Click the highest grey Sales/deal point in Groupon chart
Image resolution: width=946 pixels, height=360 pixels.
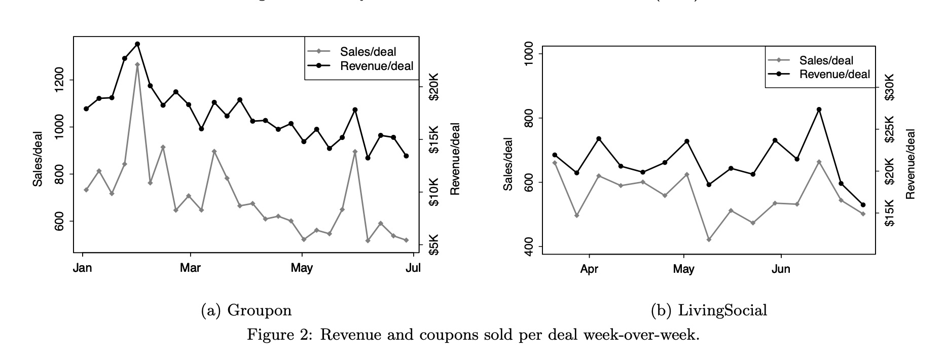click(x=137, y=64)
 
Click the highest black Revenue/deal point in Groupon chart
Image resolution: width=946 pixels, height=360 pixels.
click(x=137, y=44)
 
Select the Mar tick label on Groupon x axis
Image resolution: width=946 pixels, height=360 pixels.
click(x=190, y=268)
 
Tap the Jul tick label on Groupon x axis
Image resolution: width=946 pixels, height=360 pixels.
click(x=414, y=268)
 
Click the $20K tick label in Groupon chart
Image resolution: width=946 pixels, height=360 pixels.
click(x=434, y=86)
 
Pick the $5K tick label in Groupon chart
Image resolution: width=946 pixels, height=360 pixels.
click(x=434, y=245)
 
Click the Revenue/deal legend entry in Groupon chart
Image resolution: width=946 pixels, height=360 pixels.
click(x=376, y=66)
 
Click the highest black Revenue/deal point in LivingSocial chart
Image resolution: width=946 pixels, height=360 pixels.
click(x=819, y=110)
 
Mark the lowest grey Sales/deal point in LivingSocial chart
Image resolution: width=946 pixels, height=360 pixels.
click(x=709, y=239)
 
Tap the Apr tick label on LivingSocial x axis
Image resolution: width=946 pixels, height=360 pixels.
click(x=589, y=269)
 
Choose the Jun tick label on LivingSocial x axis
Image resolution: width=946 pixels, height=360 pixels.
click(x=781, y=269)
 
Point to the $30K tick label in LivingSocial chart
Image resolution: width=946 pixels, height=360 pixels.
click(x=890, y=87)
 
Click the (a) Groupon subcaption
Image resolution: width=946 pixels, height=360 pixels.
click(x=246, y=310)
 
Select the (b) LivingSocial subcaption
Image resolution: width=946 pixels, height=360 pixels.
click(x=709, y=310)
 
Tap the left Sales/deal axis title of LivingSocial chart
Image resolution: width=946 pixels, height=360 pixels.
click(x=507, y=164)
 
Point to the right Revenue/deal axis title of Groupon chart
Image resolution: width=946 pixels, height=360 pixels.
click(x=455, y=159)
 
